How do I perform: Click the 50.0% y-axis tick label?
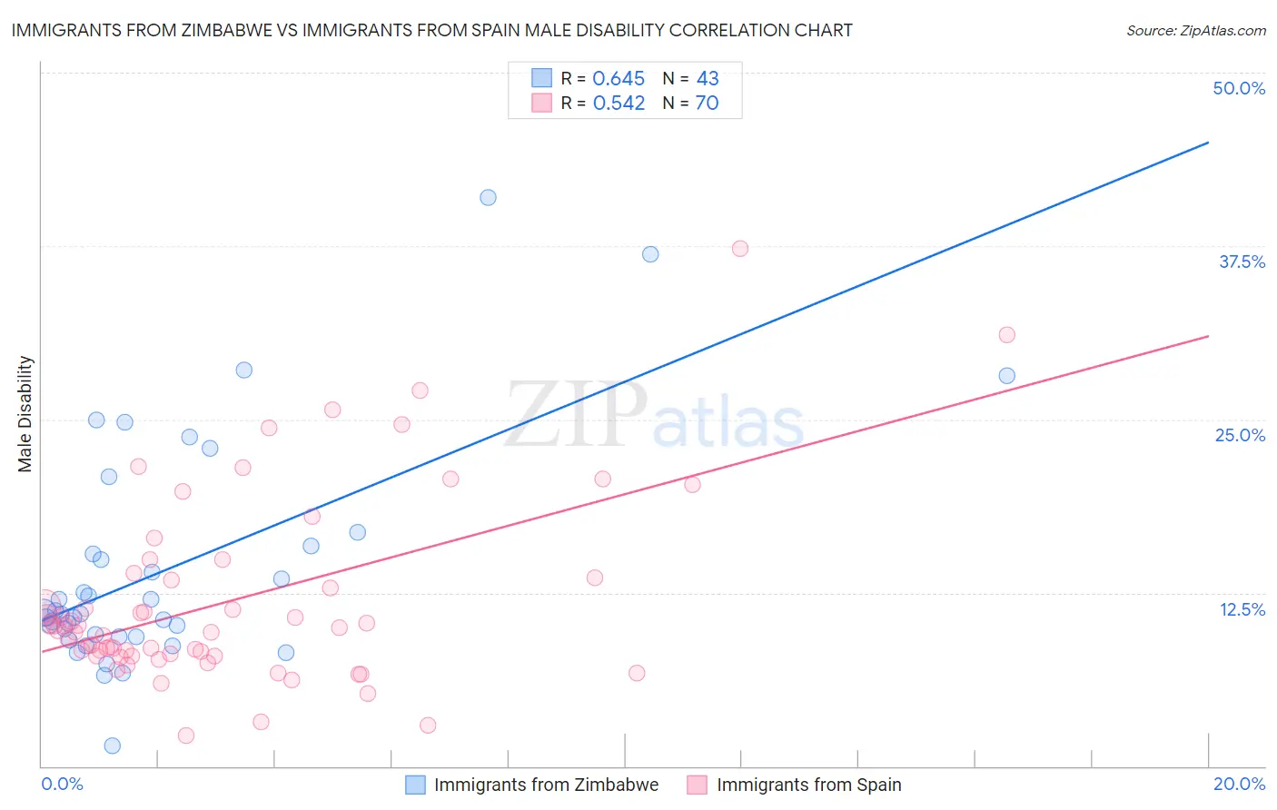tap(1239, 88)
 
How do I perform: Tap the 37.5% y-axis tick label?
tap(1242, 262)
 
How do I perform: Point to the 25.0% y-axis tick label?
tap(1240, 435)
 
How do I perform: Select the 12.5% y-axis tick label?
tap(1242, 609)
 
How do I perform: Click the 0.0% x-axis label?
tap(62, 784)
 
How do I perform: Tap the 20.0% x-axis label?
tap(1239, 784)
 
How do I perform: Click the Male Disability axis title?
tap(25, 413)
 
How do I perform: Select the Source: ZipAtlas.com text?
tap(1195, 30)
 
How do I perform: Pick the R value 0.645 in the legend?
tap(619, 78)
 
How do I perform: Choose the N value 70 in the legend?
tap(707, 103)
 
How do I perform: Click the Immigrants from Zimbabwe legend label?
tap(546, 785)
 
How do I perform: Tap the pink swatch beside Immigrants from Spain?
tap(697, 785)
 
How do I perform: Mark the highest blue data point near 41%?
tap(488, 197)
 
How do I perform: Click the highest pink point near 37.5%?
tap(740, 249)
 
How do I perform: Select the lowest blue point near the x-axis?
tap(113, 746)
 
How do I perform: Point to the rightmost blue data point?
tap(1006, 376)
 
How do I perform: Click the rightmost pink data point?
tap(1006, 335)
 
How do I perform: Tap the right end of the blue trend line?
tap(1208, 143)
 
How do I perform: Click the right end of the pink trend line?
tap(1208, 336)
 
